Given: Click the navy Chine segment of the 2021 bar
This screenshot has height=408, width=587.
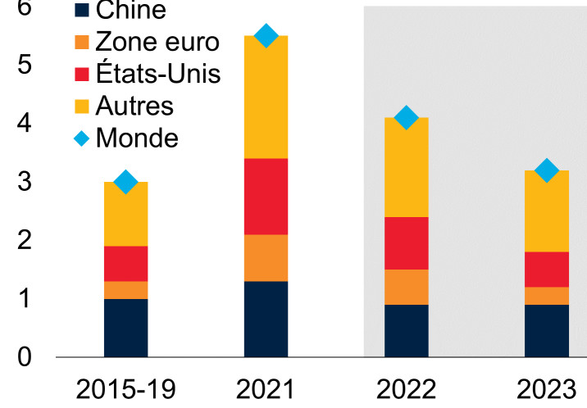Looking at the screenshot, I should [x=266, y=319].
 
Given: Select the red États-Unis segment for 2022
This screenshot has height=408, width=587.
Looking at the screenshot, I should [x=406, y=243].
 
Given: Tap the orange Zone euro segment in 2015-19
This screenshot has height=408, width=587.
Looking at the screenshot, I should [x=125, y=289].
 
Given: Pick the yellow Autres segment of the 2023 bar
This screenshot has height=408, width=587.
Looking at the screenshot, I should [x=547, y=211].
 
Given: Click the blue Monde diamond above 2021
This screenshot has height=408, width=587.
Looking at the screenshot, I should [x=266, y=35].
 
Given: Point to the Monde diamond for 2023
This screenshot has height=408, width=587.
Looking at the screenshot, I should [x=547, y=170].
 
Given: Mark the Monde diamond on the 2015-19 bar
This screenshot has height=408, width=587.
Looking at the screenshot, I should [x=125, y=182].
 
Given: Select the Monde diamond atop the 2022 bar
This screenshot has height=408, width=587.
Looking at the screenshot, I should [x=406, y=118].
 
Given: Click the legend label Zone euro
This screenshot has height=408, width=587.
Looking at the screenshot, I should [x=157, y=43].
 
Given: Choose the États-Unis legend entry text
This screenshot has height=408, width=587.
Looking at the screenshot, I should [x=157, y=74].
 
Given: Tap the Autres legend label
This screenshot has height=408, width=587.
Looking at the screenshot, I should [x=134, y=106].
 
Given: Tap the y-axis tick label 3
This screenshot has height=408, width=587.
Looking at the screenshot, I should [x=25, y=182].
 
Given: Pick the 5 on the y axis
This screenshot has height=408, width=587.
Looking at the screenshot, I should [x=25, y=65].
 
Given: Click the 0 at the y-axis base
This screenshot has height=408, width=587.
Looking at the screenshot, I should [x=25, y=357].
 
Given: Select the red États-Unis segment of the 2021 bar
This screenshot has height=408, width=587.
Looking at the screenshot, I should [x=266, y=196].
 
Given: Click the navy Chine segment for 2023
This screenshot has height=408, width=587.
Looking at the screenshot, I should [x=547, y=331].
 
